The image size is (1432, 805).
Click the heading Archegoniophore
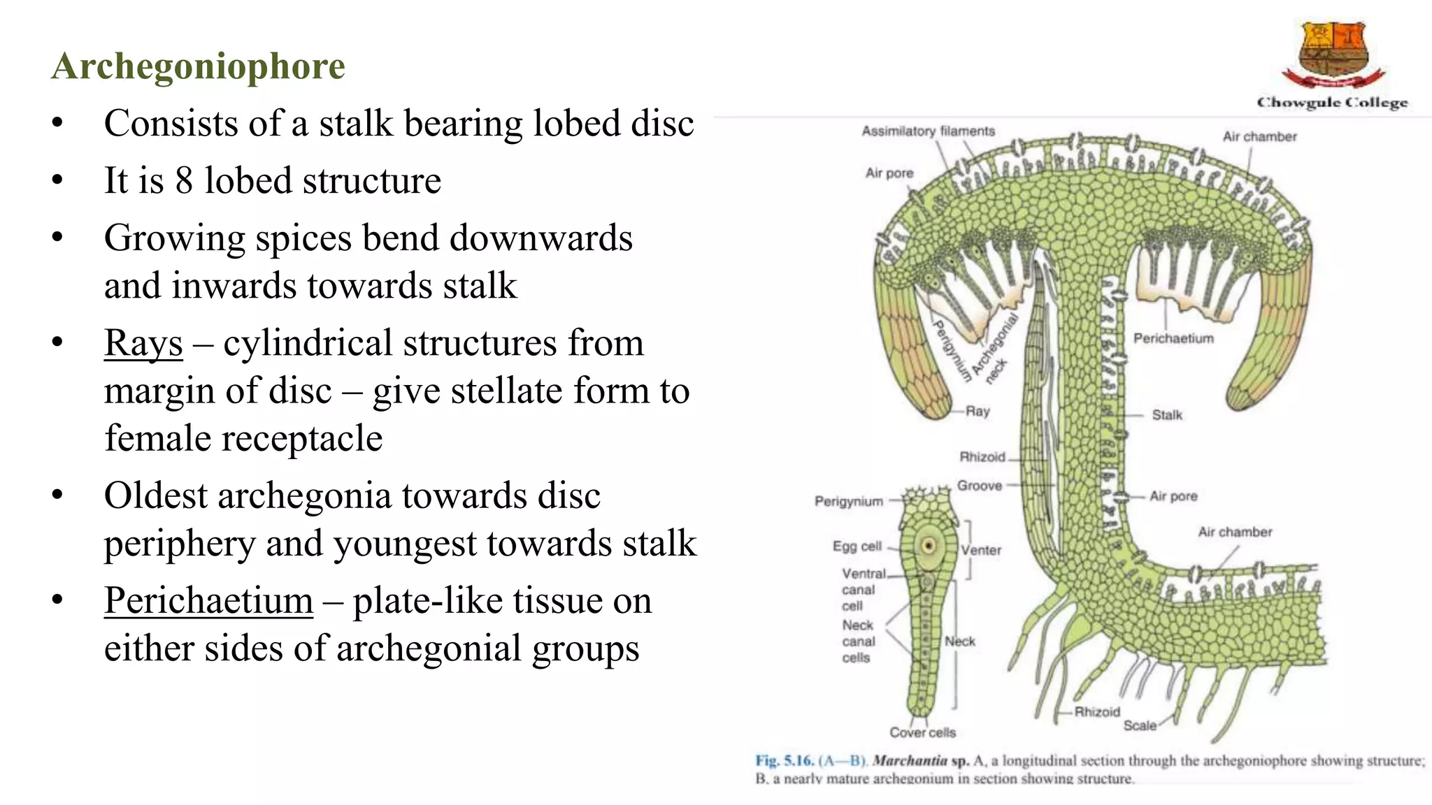pos(198,66)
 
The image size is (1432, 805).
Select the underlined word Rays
pos(143,343)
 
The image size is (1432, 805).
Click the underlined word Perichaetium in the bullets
pos(208,600)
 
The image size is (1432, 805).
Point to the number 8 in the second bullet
pos(184,181)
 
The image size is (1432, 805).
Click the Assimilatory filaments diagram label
pos(928,131)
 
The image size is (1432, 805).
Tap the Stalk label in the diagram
pos(1167,415)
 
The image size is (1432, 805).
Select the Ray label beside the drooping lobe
pos(978,412)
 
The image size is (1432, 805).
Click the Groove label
pos(979,486)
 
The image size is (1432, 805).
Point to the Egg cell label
pos(857,546)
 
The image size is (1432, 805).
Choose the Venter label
pos(981,551)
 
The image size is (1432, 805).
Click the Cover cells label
pos(922,732)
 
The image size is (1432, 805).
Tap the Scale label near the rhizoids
pos(1140,726)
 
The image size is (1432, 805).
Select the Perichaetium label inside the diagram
pos(1173,339)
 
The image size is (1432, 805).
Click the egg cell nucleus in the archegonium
pos(929,545)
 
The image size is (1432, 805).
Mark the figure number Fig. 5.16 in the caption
pos(784,761)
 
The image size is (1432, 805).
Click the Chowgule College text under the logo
pos(1332,103)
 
